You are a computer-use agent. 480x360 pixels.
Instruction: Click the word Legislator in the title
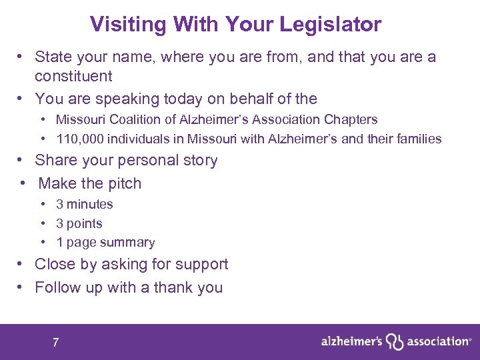tap(331, 25)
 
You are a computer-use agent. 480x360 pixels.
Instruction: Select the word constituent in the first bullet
tap(73, 76)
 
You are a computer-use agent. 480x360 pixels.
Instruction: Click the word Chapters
tap(351, 120)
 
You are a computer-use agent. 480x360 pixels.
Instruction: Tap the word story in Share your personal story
tap(199, 161)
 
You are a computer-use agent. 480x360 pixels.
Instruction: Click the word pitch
tap(124, 183)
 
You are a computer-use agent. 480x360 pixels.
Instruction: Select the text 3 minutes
tap(85, 205)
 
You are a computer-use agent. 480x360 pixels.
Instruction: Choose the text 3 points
tap(79, 224)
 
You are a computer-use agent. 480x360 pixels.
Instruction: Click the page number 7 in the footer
tap(55, 343)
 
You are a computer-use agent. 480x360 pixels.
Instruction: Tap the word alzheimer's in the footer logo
tap(351, 341)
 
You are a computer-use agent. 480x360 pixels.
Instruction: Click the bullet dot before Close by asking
tap(21, 265)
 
